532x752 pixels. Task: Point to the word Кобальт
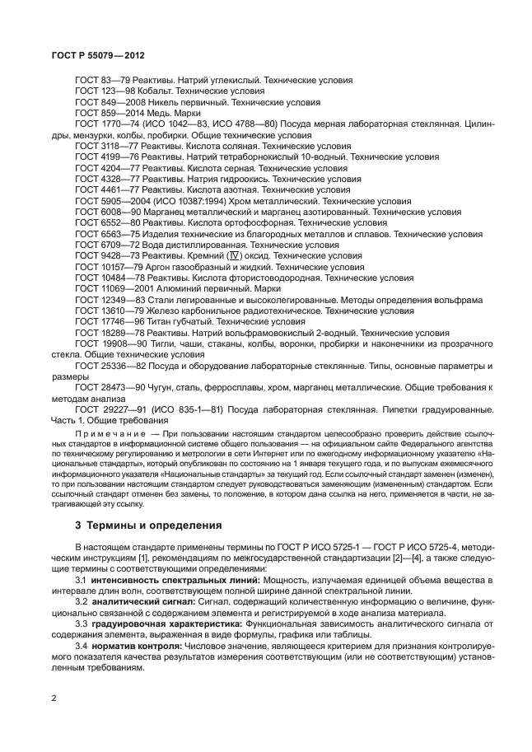click(165, 92)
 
